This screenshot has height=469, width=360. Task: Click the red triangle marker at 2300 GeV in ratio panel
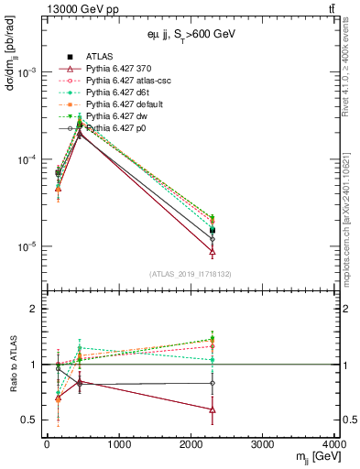pyautogui.click(x=213, y=409)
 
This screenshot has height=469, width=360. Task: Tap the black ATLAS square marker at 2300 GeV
pyautogui.click(x=213, y=231)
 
